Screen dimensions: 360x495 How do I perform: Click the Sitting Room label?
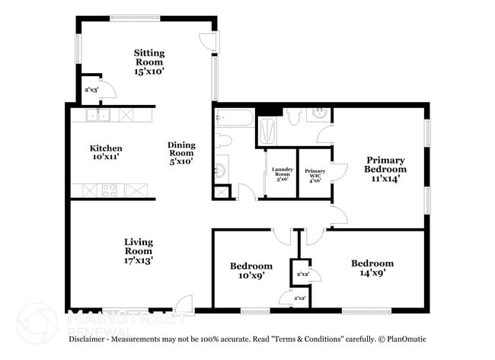[149, 62]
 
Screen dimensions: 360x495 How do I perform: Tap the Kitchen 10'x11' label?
[106, 152]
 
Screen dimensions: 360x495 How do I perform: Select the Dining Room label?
[181, 153]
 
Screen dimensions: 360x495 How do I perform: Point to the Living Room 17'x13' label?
[139, 250]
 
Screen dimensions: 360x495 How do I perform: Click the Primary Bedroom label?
[385, 169]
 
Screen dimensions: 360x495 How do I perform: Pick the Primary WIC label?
[315, 174]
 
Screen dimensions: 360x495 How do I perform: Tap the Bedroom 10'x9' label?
[251, 271]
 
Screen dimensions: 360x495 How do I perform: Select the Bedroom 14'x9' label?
[372, 268]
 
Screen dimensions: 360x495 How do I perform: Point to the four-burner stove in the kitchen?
[110, 188]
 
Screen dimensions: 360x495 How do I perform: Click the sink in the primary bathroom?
[321, 114]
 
